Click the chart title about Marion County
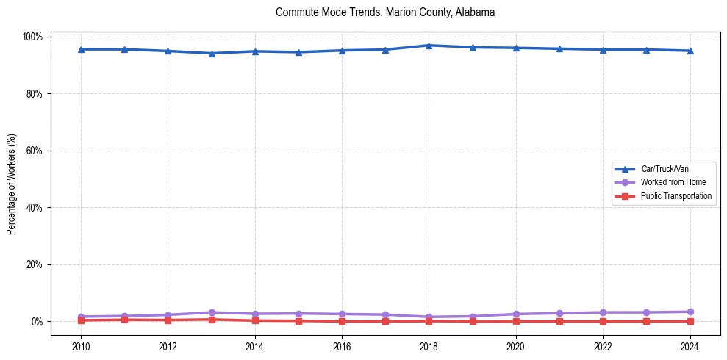(385, 12)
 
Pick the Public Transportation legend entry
(676, 196)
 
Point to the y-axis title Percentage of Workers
(11, 184)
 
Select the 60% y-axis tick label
(35, 151)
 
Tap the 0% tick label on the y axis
(37, 322)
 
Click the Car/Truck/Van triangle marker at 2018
(429, 46)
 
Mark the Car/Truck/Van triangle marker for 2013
(211, 53)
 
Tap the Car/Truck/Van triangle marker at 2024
(690, 51)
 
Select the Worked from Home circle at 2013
(211, 312)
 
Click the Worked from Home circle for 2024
(690, 312)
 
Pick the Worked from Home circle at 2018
(429, 317)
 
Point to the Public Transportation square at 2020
(515, 321)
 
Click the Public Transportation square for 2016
(342, 321)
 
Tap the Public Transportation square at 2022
(603, 321)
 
